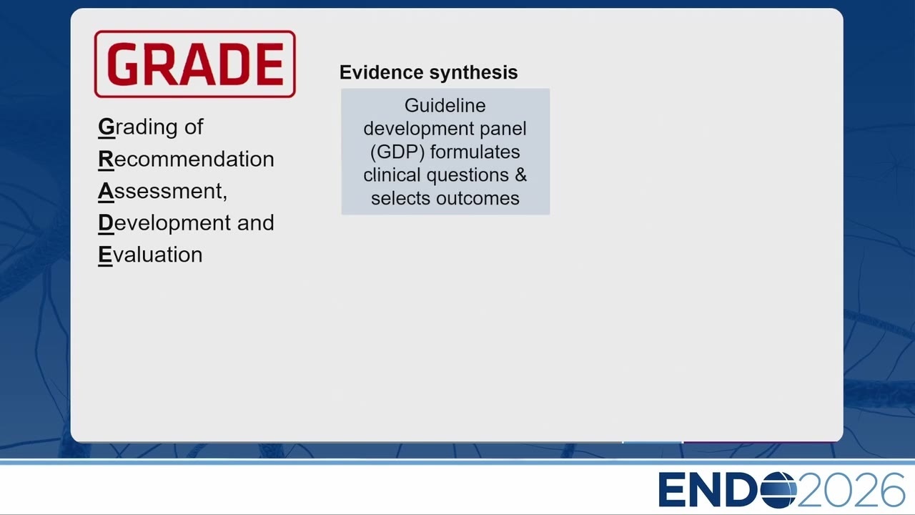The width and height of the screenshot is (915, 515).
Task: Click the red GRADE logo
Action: (195, 64)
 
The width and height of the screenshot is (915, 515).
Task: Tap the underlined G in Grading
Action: (107, 127)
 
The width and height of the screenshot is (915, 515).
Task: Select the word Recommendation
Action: (186, 159)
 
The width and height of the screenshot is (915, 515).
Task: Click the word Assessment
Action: (161, 191)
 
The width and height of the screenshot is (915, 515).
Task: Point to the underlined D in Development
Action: (106, 223)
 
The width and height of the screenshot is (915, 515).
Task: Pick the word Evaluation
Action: (150, 255)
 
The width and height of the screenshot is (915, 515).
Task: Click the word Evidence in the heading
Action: (382, 72)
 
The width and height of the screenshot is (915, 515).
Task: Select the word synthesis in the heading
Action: (473, 73)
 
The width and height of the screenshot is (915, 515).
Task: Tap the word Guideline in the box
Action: (445, 105)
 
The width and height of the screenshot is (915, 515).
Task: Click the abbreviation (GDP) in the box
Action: (397, 152)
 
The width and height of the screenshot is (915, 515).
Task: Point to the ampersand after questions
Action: (521, 175)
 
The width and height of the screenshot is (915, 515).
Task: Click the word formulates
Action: (475, 152)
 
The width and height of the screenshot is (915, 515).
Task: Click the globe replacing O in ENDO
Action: (778, 490)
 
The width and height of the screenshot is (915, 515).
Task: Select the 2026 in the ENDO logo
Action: (851, 490)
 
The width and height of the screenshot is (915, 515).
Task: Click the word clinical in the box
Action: (392, 175)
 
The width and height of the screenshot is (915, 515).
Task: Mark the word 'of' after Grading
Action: (194, 127)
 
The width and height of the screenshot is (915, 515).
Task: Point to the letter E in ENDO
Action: (671, 490)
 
